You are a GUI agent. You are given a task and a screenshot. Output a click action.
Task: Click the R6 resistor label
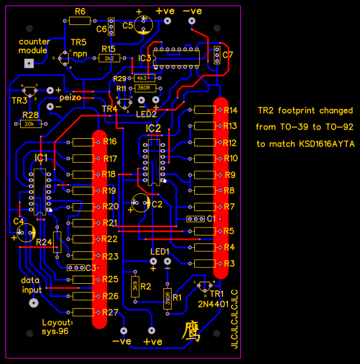pyautogui.click(x=80, y=11)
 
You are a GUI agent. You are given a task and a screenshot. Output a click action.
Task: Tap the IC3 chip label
pyautogui.click(x=144, y=58)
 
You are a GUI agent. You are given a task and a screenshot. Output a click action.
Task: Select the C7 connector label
pyautogui.click(x=227, y=55)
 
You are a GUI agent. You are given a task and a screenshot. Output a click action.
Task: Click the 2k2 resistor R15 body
pyautogui.click(x=110, y=58)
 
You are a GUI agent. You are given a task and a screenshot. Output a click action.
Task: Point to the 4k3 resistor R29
pyautogui.click(x=142, y=78)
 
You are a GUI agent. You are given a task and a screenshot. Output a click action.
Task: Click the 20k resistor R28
pyautogui.click(x=29, y=124)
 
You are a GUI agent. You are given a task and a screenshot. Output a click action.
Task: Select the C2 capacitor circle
pyautogui.click(x=141, y=202)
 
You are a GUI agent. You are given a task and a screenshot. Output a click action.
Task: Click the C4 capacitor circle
pyautogui.click(x=26, y=232)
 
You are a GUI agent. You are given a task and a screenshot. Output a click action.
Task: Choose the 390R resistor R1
pyautogui.click(x=167, y=298)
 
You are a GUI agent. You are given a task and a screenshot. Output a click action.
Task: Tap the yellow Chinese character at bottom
pyautogui.click(x=191, y=331)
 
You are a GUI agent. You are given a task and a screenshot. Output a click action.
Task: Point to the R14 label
pyautogui.click(x=230, y=110)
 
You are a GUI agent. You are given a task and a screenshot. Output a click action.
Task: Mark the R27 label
pyautogui.click(x=110, y=312)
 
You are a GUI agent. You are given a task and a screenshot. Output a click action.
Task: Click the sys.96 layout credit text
pyautogui.click(x=55, y=331)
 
